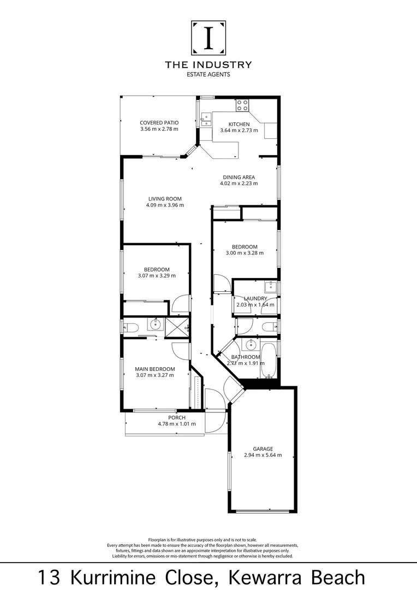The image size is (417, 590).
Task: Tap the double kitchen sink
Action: [x=206, y=119]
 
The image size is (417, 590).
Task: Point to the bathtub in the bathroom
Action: [x=268, y=361]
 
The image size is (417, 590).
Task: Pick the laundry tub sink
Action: [x=270, y=287]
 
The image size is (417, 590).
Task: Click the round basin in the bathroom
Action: [x=251, y=345]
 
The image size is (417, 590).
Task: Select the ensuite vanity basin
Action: [x=156, y=324]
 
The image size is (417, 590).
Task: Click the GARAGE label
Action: [x=263, y=449]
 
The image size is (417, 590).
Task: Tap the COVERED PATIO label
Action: [x=159, y=123]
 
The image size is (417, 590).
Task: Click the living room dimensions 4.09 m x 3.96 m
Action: [x=165, y=205]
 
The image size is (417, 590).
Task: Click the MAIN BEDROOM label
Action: [x=154, y=369]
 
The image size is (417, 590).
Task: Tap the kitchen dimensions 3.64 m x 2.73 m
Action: [x=239, y=131]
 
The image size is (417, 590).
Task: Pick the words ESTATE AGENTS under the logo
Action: [x=208, y=75]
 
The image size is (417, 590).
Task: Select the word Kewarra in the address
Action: [x=258, y=577]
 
